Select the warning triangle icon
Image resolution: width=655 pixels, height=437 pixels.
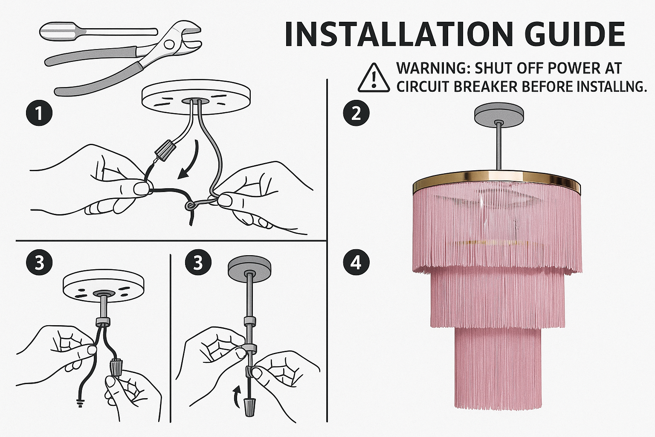374,78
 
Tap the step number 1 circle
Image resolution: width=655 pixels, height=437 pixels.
39,113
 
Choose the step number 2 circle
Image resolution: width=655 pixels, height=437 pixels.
356,113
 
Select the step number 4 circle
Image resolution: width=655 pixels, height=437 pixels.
356,262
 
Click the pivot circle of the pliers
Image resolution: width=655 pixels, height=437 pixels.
169,44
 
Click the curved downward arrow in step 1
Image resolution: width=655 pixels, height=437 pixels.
191,160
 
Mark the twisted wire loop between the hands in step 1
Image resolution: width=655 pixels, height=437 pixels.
190,205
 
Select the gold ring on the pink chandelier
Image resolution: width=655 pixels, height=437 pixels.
496,181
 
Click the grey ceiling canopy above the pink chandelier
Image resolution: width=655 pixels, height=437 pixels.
499,115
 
